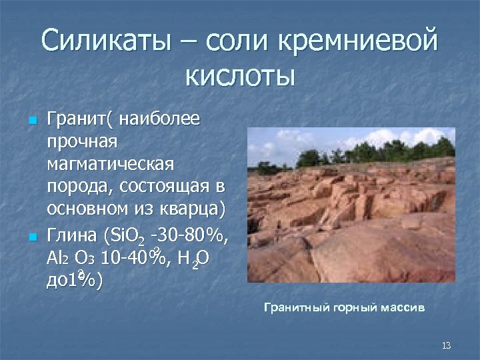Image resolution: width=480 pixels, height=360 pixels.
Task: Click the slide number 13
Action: tap(446, 345)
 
